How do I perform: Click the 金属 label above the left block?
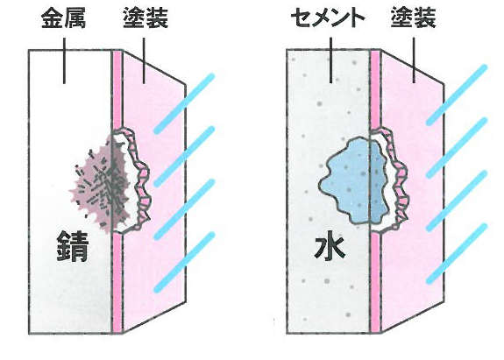(64, 18)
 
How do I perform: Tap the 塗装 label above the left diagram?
(146, 18)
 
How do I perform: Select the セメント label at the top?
(328, 18)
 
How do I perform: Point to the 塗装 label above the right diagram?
(414, 18)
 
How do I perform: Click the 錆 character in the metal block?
(73, 246)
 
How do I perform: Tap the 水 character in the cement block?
(330, 247)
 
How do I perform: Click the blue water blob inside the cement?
(353, 180)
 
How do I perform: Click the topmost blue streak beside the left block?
(184, 103)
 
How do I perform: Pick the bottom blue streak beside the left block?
(184, 262)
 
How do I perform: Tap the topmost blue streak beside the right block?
(457, 95)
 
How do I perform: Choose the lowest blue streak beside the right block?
(457, 254)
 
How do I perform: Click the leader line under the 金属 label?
(64, 61)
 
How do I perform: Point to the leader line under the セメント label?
(330, 60)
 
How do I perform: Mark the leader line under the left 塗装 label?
(144, 61)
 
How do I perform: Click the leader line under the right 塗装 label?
(414, 60)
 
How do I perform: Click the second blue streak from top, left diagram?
(184, 157)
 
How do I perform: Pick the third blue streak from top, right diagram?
(457, 201)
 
